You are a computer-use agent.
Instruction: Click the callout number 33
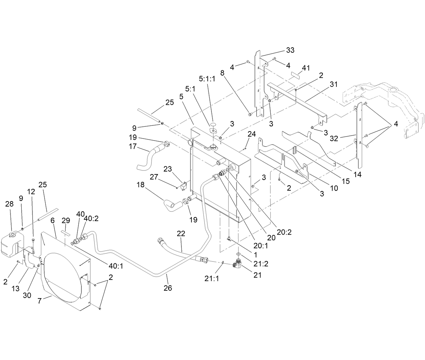[x=290, y=50]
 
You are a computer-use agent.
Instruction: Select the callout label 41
[x=306, y=68]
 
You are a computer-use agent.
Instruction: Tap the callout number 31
[x=334, y=85]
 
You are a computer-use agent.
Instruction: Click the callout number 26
[x=168, y=288]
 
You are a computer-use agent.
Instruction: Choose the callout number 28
[x=9, y=204]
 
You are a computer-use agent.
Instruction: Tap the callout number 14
[x=357, y=175]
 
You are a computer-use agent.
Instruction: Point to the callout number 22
[x=181, y=234]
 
